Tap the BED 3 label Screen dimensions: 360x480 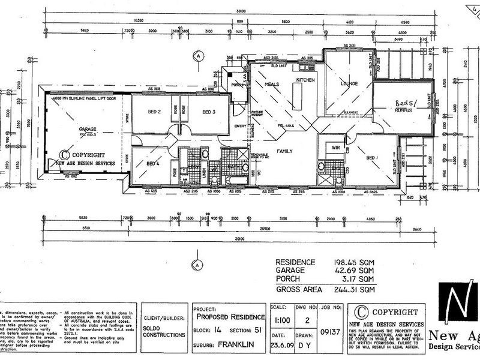208,112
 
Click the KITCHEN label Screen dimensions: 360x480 305,80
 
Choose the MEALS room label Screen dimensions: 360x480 272,84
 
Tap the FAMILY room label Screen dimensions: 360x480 284,151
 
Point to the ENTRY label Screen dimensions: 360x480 240,125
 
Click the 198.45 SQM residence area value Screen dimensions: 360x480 354,262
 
